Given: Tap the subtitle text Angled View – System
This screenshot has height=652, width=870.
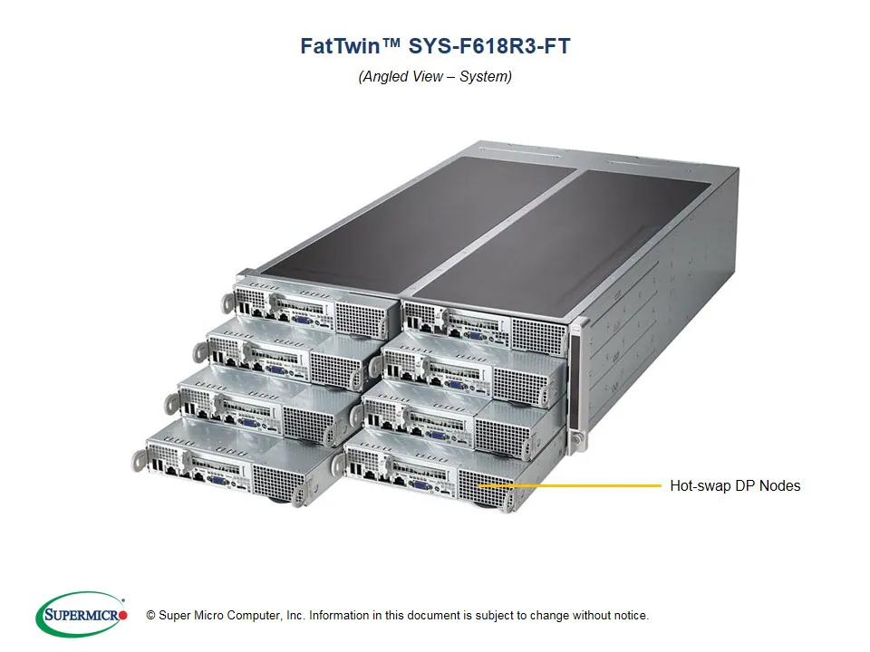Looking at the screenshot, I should point(435,77).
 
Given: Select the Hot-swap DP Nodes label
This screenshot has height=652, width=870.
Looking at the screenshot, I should point(735,485).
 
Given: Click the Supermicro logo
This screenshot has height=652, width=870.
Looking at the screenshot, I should point(82,615).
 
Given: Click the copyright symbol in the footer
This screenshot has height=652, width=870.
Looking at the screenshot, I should point(151,616).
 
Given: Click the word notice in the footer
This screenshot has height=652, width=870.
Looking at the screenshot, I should point(628,616).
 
